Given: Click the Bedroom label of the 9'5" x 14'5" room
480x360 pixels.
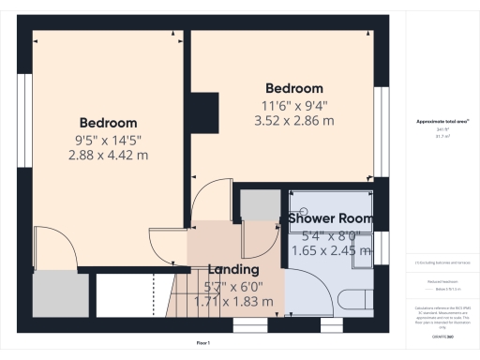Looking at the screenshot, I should point(108,123).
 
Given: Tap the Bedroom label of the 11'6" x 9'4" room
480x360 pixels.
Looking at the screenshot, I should point(293,89).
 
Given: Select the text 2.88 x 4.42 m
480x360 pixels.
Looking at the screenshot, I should point(108,155).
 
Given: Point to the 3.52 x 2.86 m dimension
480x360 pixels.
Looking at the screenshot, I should point(293,121).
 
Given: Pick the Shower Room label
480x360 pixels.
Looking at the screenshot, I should point(330,218).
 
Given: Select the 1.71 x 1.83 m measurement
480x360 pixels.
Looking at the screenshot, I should point(233,302).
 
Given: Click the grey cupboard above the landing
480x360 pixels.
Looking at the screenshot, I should point(256,204).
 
